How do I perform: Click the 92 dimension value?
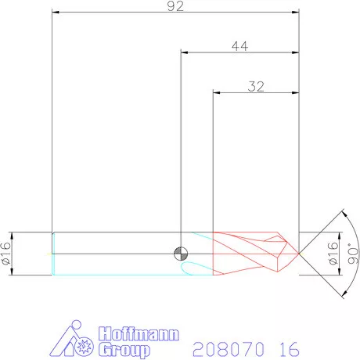[175, 7]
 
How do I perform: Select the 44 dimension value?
[240, 46]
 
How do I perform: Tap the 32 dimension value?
[256, 86]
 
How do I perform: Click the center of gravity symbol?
[181, 254]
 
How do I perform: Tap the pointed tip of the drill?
[300, 252]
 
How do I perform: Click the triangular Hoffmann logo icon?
[76, 341]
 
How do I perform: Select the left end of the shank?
[52, 252]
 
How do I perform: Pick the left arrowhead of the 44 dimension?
[184, 53]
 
